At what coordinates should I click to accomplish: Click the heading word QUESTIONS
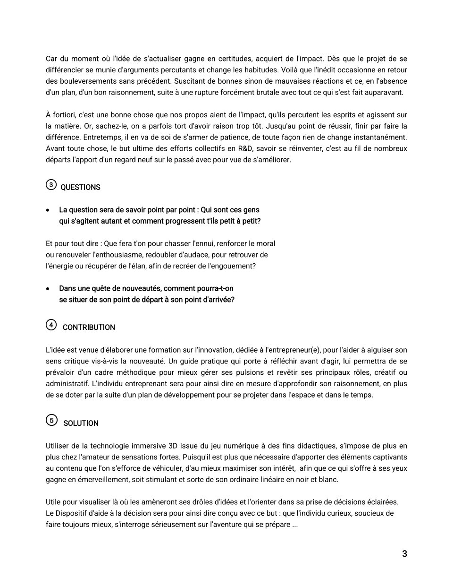pos(81,188)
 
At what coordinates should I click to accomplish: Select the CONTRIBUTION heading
pos(89,328)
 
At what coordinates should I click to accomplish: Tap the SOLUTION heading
pos(81,423)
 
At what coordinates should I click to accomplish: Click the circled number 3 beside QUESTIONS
pos(51,185)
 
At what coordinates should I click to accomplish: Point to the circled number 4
pos(51,325)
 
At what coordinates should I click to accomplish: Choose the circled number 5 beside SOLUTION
pos(51,420)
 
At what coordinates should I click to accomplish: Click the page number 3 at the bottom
pos(404,554)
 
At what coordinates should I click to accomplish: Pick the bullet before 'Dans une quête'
pos(48,289)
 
